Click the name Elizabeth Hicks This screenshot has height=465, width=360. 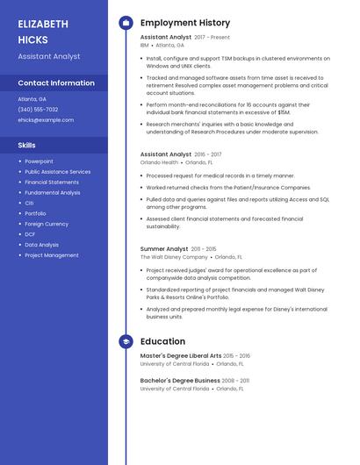pyautogui.click(x=42, y=32)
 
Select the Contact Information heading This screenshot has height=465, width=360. pyautogui.click(x=55, y=83)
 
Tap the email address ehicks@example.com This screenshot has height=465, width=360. pyautogui.click(x=46, y=120)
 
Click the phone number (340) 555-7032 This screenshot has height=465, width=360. pyautogui.click(x=38, y=110)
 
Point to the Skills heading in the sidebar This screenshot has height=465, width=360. pyautogui.click(x=26, y=145)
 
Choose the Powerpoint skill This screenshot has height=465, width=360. pyautogui.click(x=39, y=161)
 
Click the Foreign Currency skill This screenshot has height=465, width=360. pyautogui.click(x=47, y=224)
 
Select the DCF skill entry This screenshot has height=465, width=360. pyautogui.click(x=30, y=234)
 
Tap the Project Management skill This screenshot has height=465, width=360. pyautogui.click(x=52, y=255)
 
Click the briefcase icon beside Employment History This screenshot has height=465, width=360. pyautogui.click(x=126, y=23)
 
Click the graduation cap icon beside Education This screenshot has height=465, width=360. pyautogui.click(x=126, y=341)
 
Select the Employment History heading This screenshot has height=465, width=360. pyautogui.click(x=185, y=23)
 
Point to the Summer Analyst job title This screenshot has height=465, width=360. pyautogui.click(x=164, y=249)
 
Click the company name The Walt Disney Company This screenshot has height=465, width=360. pyautogui.click(x=174, y=258)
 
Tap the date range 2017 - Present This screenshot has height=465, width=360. pyautogui.click(x=212, y=38)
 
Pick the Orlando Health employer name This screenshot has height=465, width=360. pyautogui.click(x=159, y=162)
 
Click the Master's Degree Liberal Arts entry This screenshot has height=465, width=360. pyautogui.click(x=181, y=355)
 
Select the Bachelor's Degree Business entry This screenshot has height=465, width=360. pyautogui.click(x=180, y=380)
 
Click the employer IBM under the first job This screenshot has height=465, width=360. pyautogui.click(x=145, y=46)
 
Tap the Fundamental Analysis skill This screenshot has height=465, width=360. pyautogui.click(x=52, y=193)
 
